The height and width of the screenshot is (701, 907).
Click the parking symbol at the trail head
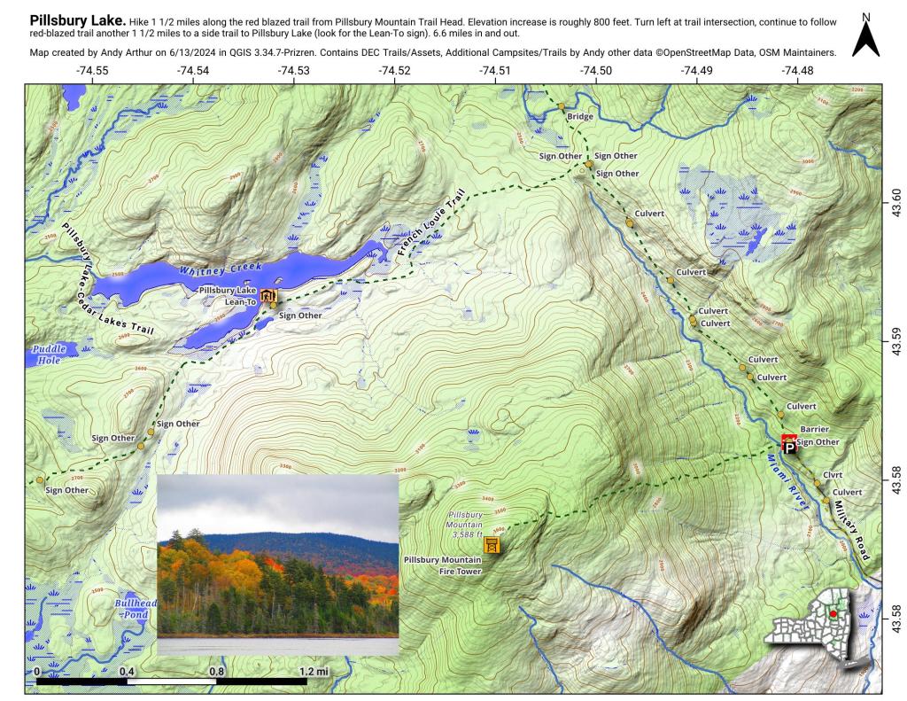coord(790,448)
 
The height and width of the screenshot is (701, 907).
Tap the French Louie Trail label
coord(430,229)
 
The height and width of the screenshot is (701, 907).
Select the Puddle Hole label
coord(49,354)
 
